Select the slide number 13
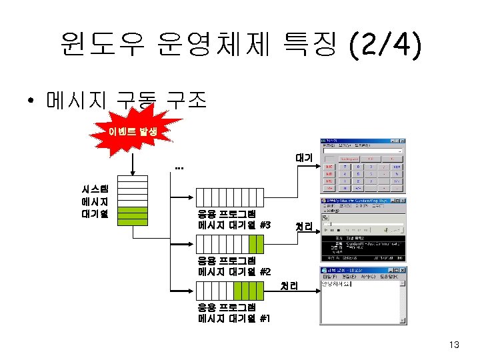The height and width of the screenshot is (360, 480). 455,345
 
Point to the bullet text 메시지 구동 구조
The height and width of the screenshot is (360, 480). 127,101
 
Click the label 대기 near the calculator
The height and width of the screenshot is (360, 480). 304,159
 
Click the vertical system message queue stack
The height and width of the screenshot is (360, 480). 137,198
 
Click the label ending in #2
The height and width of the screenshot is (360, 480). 234,266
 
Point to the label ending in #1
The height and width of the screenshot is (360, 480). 234,313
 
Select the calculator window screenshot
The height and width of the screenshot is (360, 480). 362,165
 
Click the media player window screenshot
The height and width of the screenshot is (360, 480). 362,229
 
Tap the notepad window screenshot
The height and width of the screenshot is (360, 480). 363,295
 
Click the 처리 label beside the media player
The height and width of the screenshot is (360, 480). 304,227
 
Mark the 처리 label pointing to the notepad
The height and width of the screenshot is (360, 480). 289,286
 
